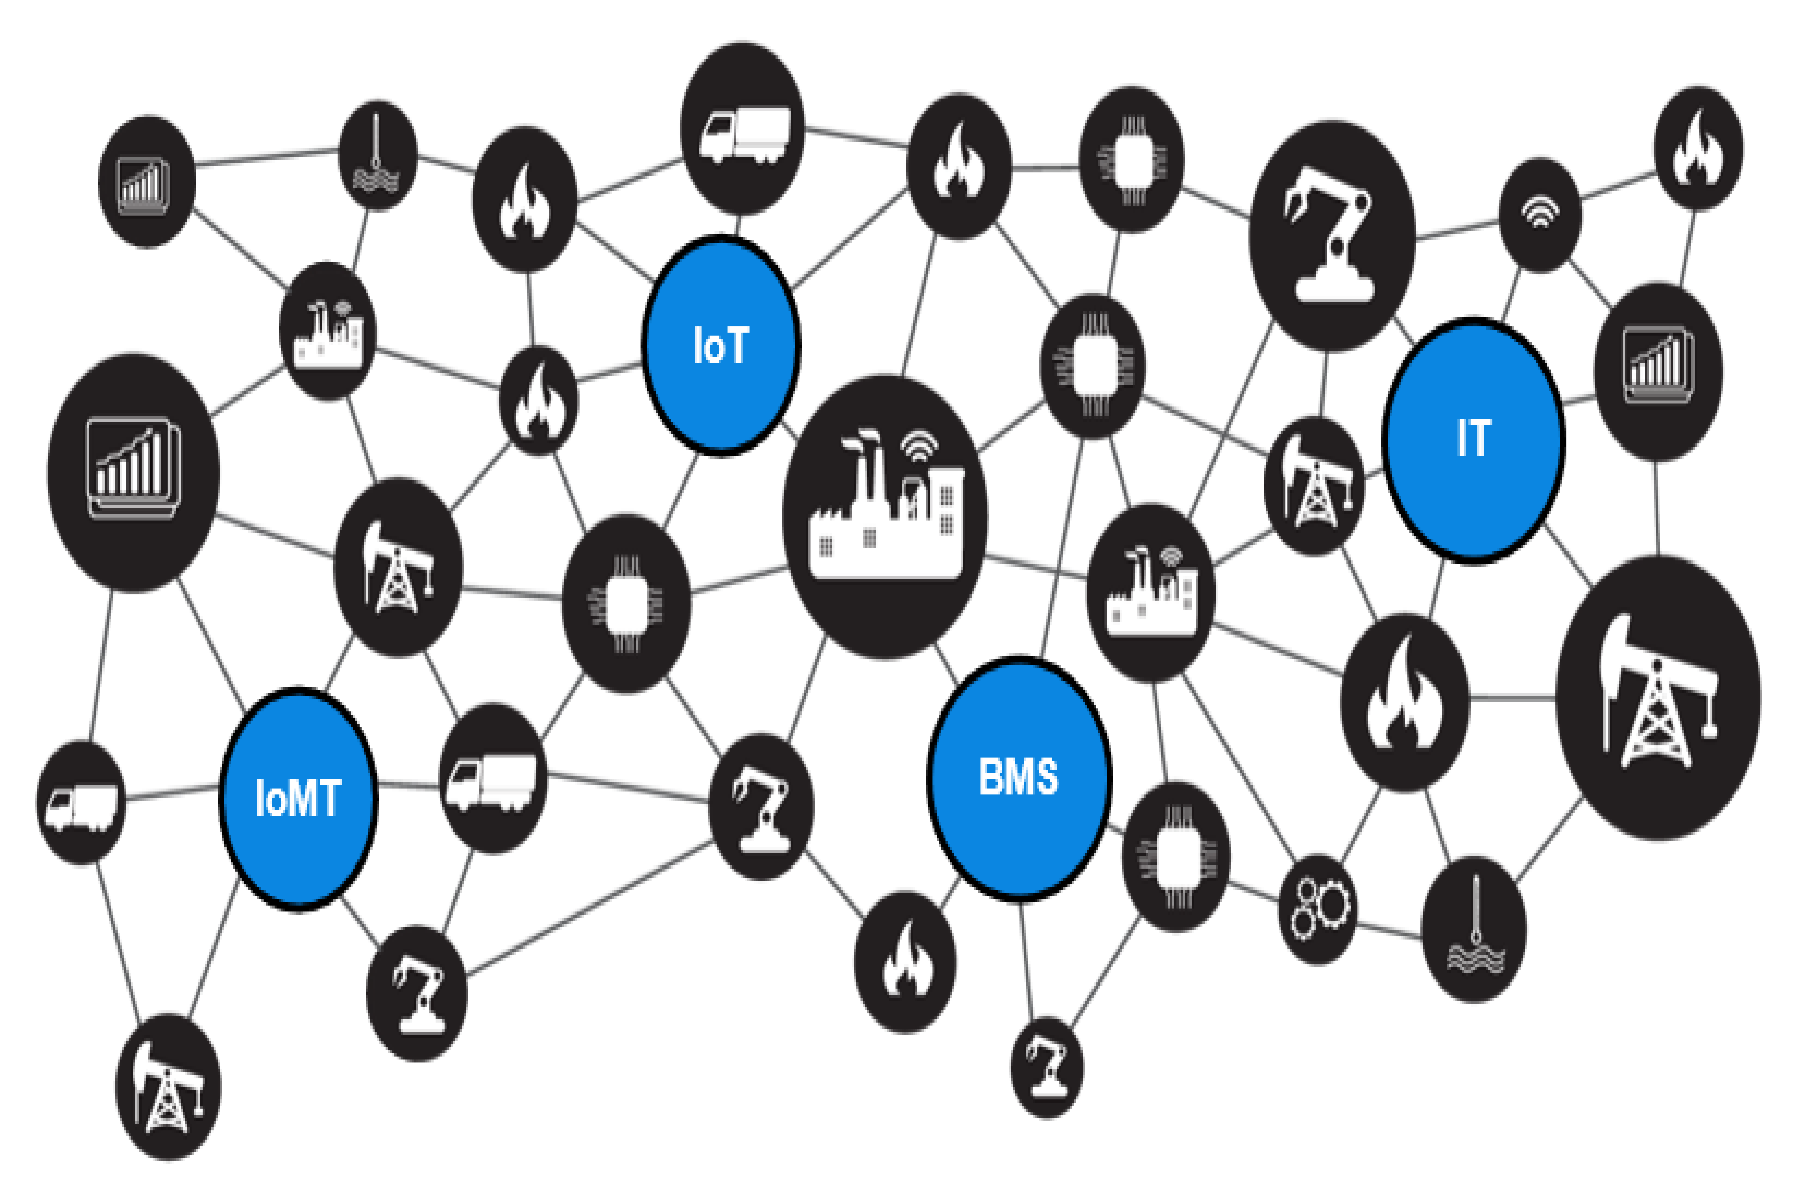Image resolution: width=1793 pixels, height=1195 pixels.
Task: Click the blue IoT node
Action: (x=720, y=345)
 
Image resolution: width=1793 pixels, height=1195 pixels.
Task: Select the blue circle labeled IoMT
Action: (x=298, y=799)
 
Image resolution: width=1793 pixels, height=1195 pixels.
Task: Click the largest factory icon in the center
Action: (x=885, y=515)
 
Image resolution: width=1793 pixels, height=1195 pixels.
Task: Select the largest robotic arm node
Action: (x=1333, y=235)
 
